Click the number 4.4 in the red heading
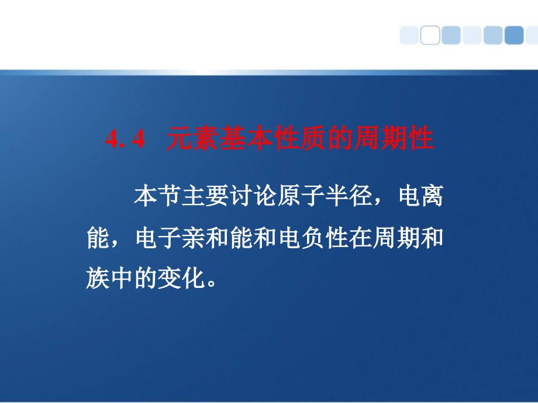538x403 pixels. click(x=125, y=139)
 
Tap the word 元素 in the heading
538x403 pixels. click(x=192, y=138)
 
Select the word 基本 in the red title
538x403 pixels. click(x=246, y=138)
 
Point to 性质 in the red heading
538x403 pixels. click(x=299, y=138)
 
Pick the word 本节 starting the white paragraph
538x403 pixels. click(x=157, y=196)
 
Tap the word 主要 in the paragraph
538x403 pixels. click(x=205, y=196)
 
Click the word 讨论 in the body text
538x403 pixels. click(x=253, y=196)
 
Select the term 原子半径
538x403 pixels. click(x=325, y=196)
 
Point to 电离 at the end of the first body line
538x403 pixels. click(x=420, y=196)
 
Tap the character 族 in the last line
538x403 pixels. click(x=98, y=278)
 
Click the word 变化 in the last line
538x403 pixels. click(x=181, y=278)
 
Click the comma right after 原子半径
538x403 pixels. click(x=378, y=202)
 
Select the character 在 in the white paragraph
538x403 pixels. click(x=360, y=238)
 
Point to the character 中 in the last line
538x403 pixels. click(x=122, y=278)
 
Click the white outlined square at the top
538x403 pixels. click(x=430, y=35)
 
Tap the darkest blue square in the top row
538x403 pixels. click(x=514, y=35)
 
